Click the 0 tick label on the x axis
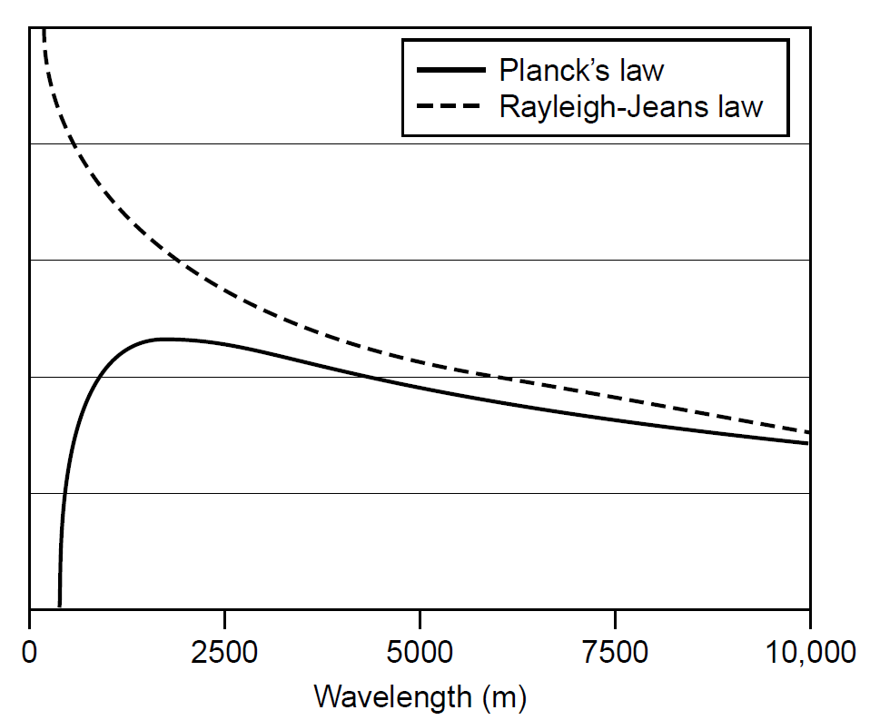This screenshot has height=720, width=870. tap(30, 651)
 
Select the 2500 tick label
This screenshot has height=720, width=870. tap(224, 651)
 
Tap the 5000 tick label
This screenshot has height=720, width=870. tap(419, 651)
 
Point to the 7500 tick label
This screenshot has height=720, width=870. tap(615, 651)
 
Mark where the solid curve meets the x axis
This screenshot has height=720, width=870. tap(60, 607)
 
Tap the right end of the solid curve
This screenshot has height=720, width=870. tap(807, 443)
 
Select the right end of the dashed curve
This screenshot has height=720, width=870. tap(807, 432)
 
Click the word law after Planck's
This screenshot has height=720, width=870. tap(638, 70)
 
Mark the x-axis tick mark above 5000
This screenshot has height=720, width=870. tap(420, 616)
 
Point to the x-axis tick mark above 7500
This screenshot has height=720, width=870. tap(615, 616)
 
